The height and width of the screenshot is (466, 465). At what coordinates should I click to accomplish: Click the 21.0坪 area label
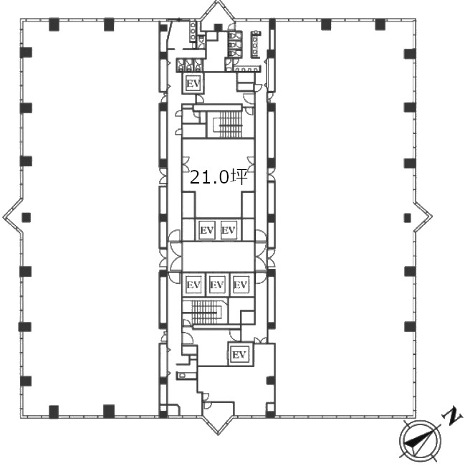click(219, 177)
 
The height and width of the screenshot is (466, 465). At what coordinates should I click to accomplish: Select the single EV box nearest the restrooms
click(193, 83)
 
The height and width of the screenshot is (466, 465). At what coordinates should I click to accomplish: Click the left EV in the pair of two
click(207, 229)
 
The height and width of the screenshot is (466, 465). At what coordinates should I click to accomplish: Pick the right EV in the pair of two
click(229, 229)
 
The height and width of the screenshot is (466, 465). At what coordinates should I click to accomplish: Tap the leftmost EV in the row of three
click(193, 285)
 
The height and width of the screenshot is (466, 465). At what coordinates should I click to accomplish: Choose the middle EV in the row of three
click(217, 285)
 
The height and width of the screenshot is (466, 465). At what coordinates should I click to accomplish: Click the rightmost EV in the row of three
click(241, 285)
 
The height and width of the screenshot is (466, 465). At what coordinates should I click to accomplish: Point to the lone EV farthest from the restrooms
click(239, 354)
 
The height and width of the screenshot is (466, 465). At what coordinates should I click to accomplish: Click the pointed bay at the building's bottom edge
click(218, 424)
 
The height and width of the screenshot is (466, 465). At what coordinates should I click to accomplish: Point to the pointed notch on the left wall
click(12, 217)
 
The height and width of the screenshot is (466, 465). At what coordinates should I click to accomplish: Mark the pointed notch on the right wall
click(423, 217)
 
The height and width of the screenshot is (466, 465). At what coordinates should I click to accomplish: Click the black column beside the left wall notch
click(26, 217)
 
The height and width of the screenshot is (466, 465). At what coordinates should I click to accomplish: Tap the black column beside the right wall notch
click(407, 218)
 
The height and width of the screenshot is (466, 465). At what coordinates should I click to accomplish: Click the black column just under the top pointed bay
click(218, 28)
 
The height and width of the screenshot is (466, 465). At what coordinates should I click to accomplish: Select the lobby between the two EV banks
click(219, 256)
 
